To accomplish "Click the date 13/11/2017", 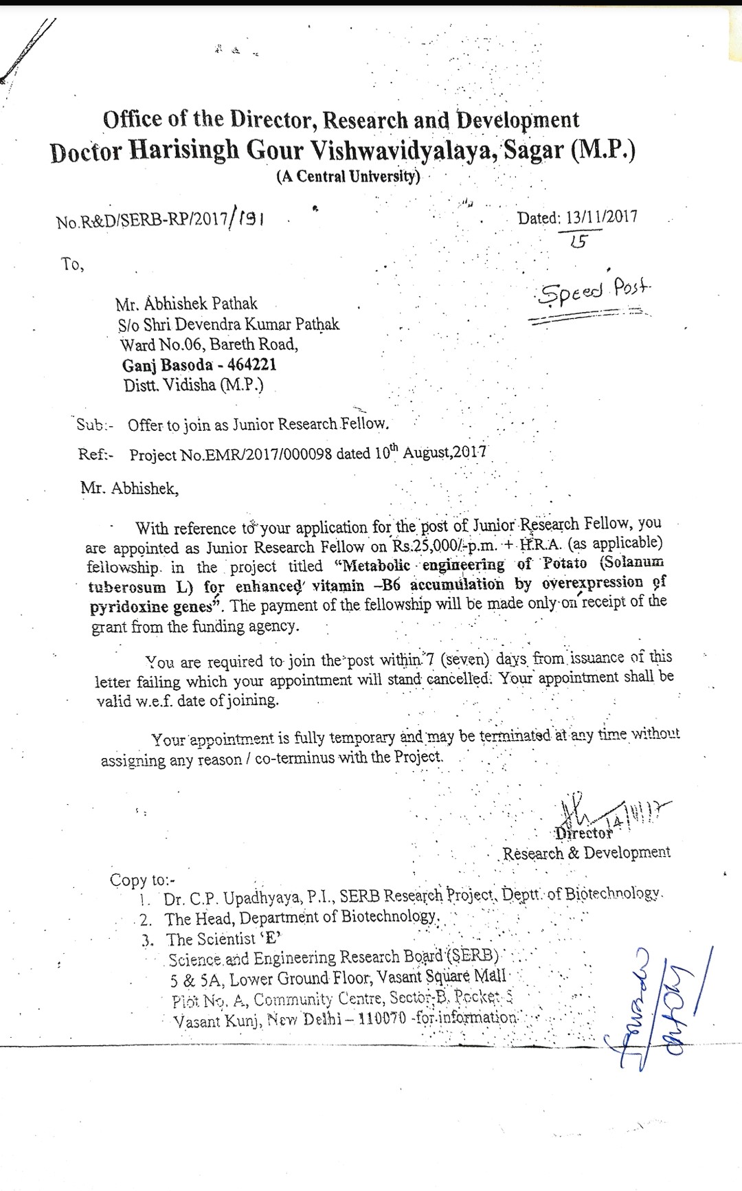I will click(601, 217).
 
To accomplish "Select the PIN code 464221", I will click(251, 365).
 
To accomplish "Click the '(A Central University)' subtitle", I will click(348, 176).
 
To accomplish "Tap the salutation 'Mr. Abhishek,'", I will click(129, 489).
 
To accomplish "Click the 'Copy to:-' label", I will click(142, 880).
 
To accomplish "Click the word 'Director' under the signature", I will click(584, 833).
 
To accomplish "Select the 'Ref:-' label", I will click(95, 455).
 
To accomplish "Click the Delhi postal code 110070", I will click(383, 1018).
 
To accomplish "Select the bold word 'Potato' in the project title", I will click(565, 564).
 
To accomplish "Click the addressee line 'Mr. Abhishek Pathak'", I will click(186, 304).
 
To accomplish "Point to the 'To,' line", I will click(72, 265).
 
